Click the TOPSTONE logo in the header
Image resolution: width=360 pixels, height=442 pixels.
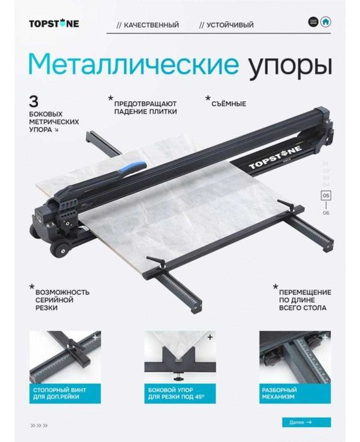click(x=54, y=24)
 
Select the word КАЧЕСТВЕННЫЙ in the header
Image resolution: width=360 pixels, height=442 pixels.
click(x=151, y=25)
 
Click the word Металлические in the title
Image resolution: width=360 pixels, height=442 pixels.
click(x=133, y=64)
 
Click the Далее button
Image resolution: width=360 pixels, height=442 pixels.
click(x=297, y=422)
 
